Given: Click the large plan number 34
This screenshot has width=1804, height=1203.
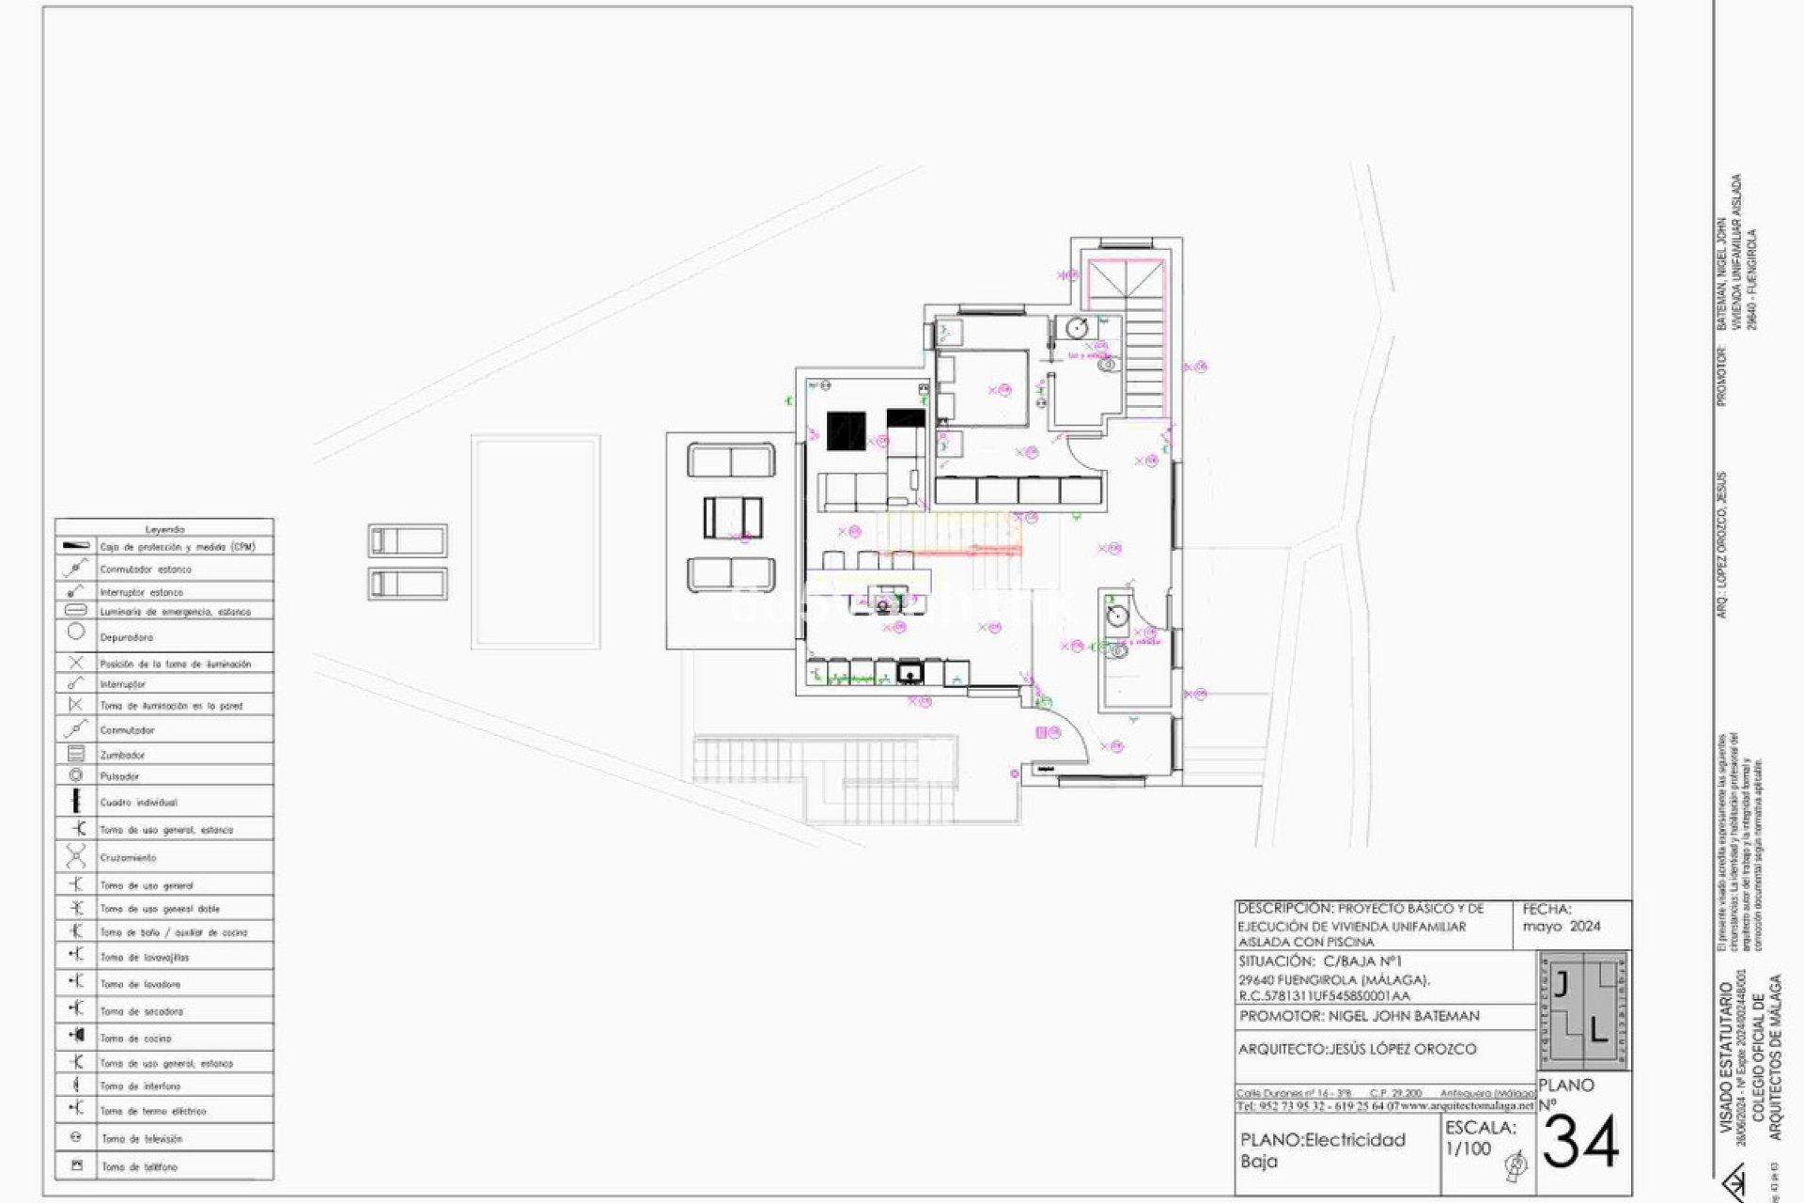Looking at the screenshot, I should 1580,1143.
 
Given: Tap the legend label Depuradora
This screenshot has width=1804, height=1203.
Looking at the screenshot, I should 126,637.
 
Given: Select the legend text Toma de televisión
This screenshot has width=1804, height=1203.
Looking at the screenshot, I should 142,1139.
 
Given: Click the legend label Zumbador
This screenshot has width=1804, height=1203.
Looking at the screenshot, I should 122,755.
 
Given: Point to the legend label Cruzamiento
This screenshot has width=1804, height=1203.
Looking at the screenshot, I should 128,857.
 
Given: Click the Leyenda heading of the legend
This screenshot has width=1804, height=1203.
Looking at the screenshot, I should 164,529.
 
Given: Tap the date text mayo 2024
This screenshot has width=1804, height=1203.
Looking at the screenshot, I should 1562,926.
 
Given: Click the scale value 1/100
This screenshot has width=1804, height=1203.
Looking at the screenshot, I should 1468,1148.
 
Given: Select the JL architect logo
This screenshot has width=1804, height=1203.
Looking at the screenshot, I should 1584,1010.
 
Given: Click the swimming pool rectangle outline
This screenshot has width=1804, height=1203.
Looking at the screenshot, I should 535,541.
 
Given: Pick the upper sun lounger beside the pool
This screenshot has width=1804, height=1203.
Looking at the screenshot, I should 407,541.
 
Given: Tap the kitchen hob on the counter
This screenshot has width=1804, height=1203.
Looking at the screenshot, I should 909,673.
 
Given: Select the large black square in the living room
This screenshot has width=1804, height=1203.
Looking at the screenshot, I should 846,430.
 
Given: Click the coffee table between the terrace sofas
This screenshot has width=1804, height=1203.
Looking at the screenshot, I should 733,517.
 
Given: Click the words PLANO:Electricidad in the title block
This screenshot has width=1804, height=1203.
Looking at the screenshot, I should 1322,1140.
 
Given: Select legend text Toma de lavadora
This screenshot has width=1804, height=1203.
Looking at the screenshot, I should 140,984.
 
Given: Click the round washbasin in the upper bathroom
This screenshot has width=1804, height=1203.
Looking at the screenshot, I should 1077,329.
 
